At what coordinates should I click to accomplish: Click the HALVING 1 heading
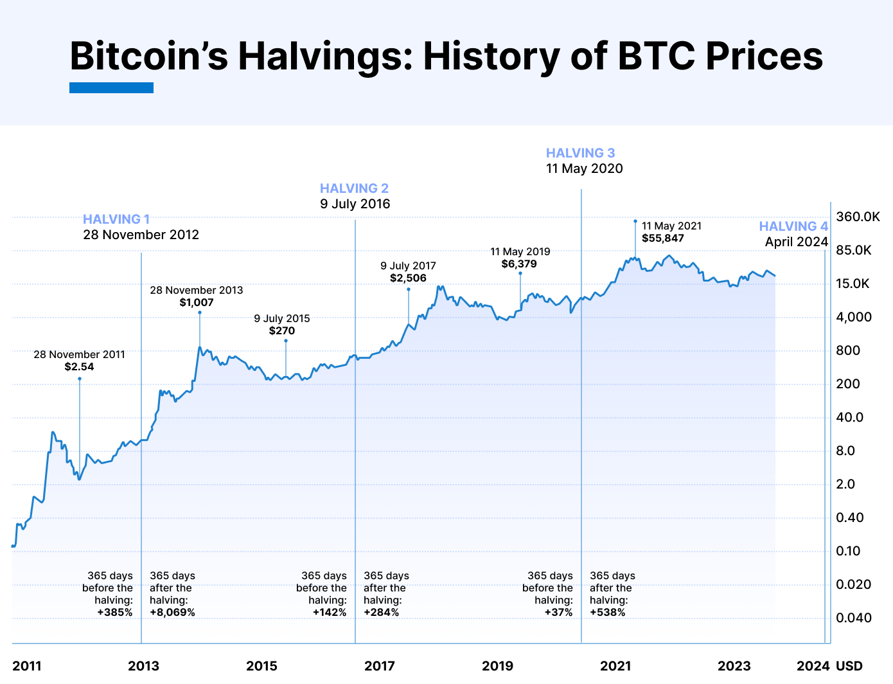point(116,219)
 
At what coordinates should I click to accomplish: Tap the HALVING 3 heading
point(580,153)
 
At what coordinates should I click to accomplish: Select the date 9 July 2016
point(355,204)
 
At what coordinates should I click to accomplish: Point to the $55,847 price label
point(663,239)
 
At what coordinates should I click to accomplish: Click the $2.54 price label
point(79,367)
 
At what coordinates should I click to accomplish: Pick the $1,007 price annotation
point(197,303)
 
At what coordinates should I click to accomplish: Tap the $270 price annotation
point(282,331)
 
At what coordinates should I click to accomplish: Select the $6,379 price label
point(519,264)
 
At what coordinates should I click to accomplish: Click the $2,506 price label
point(408,278)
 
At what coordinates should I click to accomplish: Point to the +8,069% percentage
point(172,613)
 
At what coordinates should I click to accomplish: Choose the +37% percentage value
point(558,613)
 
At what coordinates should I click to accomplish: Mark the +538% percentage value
point(607,613)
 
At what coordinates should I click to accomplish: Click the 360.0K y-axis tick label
point(858,217)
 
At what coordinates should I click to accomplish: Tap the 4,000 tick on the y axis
point(854,317)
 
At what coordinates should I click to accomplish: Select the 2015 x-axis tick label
point(261,666)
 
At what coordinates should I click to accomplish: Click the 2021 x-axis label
point(615,666)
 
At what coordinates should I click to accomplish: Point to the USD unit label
point(849,666)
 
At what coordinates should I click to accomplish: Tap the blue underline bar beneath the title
point(111,88)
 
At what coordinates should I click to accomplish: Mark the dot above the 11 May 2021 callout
point(635,221)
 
